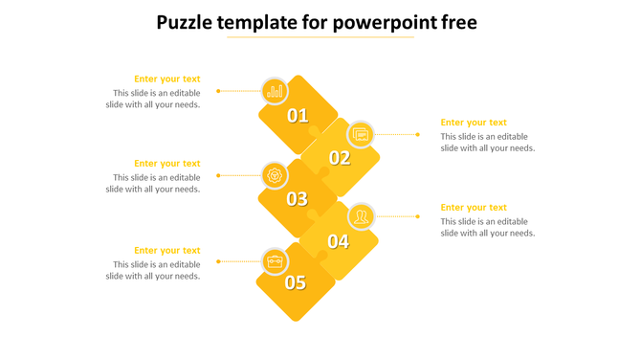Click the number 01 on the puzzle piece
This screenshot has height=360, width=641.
pyautogui.click(x=298, y=116)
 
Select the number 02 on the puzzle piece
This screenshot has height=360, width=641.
pyautogui.click(x=340, y=158)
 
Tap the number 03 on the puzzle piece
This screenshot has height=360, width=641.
pyautogui.click(x=298, y=199)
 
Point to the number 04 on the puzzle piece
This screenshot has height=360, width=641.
pyautogui.click(x=339, y=241)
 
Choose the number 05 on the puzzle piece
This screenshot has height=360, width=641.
pyautogui.click(x=296, y=282)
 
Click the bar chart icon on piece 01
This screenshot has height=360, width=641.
pyautogui.click(x=276, y=91)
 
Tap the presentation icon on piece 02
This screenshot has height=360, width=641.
pyautogui.click(x=361, y=135)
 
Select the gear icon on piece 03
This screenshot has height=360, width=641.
pyautogui.click(x=276, y=175)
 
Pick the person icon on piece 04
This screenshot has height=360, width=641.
pyautogui.click(x=361, y=216)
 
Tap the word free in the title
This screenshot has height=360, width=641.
pyautogui.click(x=459, y=22)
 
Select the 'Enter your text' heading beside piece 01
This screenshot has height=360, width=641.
pyautogui.click(x=167, y=79)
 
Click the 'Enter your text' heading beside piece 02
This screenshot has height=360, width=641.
pyautogui.click(x=474, y=123)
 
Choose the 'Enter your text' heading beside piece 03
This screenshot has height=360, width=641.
pyautogui.click(x=167, y=164)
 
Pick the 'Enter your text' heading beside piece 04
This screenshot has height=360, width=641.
pyautogui.click(x=474, y=208)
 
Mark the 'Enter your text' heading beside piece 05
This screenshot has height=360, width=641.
pyautogui.click(x=167, y=251)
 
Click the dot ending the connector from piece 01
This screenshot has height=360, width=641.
pyautogui.click(x=218, y=91)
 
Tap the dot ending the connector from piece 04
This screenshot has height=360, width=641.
pyautogui.click(x=418, y=216)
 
